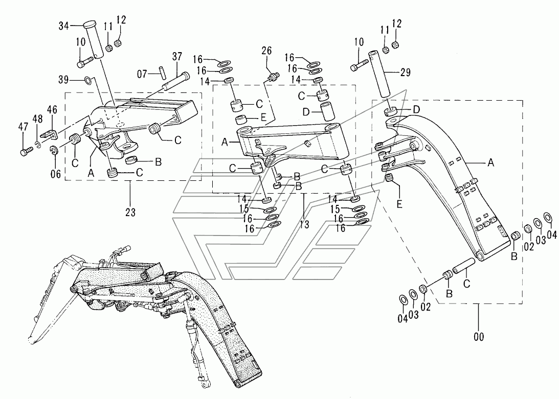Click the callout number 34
click(64, 26)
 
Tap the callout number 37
click(177, 57)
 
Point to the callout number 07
click(142, 74)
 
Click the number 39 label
click(63, 80)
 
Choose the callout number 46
click(52, 109)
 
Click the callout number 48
click(37, 119)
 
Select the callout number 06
click(56, 174)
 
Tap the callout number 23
click(130, 213)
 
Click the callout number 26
click(266, 51)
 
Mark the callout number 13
click(304, 225)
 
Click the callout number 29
click(406, 73)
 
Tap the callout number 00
click(479, 336)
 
